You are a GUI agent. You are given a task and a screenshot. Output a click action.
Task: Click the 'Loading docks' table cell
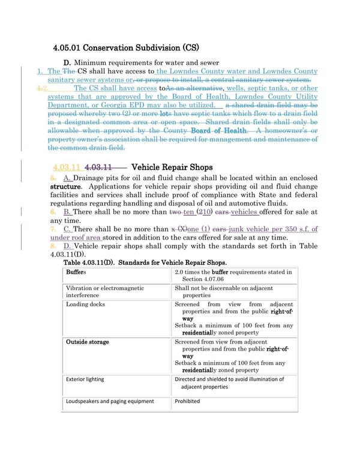84,304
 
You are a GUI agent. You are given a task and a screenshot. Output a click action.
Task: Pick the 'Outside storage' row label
87,342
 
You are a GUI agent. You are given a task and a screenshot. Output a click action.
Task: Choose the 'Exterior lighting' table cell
85,380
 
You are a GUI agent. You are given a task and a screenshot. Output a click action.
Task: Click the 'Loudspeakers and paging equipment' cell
110,401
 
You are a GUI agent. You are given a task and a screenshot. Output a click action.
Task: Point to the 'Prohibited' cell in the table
187,401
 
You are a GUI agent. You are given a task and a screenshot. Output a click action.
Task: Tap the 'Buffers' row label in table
76,272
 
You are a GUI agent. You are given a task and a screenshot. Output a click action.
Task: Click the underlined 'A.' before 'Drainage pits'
67,178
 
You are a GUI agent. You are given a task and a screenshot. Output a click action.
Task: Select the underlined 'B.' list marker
67,212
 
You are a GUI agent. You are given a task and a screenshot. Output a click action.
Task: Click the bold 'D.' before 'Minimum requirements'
67,63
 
